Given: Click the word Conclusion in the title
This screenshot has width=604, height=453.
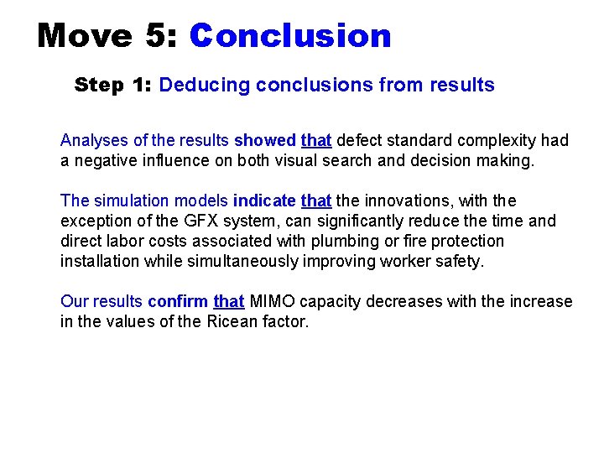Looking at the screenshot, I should coord(290,35).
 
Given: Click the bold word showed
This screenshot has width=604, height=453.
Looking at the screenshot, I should coord(265,140).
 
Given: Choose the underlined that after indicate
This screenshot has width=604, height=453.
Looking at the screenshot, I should coord(316,200).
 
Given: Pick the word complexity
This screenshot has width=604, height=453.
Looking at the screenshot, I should coord(492,140).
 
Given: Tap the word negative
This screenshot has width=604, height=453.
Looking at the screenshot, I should coord(102,160).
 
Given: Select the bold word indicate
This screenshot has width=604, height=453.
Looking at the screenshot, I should coord(264,200).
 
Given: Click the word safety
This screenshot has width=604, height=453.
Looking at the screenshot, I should coord(461,261).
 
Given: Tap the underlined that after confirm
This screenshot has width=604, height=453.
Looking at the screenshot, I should coord(229,301).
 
